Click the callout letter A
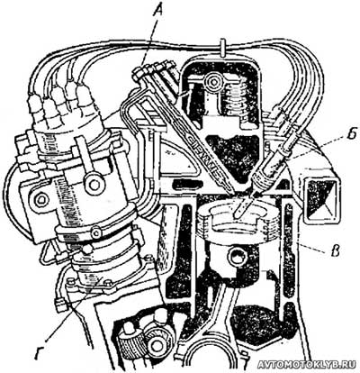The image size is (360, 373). [159, 12]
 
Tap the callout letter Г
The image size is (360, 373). [40, 353]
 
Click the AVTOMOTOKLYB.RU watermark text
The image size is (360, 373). [307, 364]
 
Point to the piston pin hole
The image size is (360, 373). [238, 256]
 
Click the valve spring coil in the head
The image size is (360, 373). [238, 100]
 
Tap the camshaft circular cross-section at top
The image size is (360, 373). [213, 81]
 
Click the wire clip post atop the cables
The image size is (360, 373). [222, 47]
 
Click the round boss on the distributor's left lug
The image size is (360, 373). [40, 199]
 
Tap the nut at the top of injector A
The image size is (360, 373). [137, 73]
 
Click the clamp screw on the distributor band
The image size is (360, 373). [96, 232]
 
